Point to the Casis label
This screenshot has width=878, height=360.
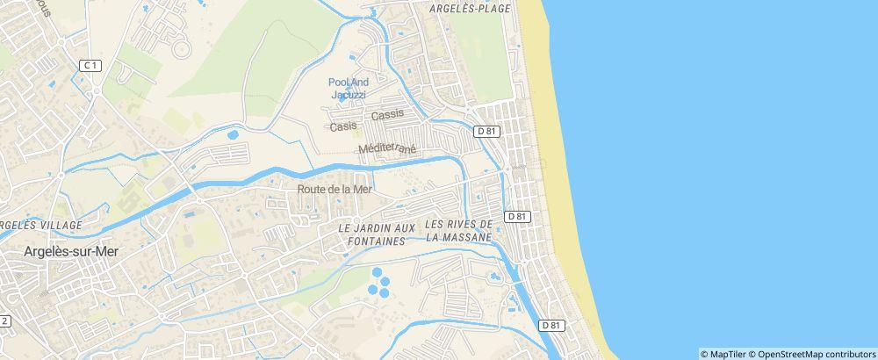pyautogui.click(x=343, y=126)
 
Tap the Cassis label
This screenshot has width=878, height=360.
pyautogui.click(x=388, y=115)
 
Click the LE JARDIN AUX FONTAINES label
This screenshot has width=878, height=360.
pyautogui.click(x=378, y=233)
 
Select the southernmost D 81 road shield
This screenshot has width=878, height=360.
pyautogui.click(x=551, y=325)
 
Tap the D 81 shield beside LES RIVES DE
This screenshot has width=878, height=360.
pyautogui.click(x=517, y=216)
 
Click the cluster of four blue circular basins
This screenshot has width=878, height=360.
pyautogui.click(x=379, y=281)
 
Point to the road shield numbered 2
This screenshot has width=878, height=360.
pyautogui.click(x=4, y=320)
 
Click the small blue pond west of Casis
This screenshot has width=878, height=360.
pyautogui.click(x=233, y=135)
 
